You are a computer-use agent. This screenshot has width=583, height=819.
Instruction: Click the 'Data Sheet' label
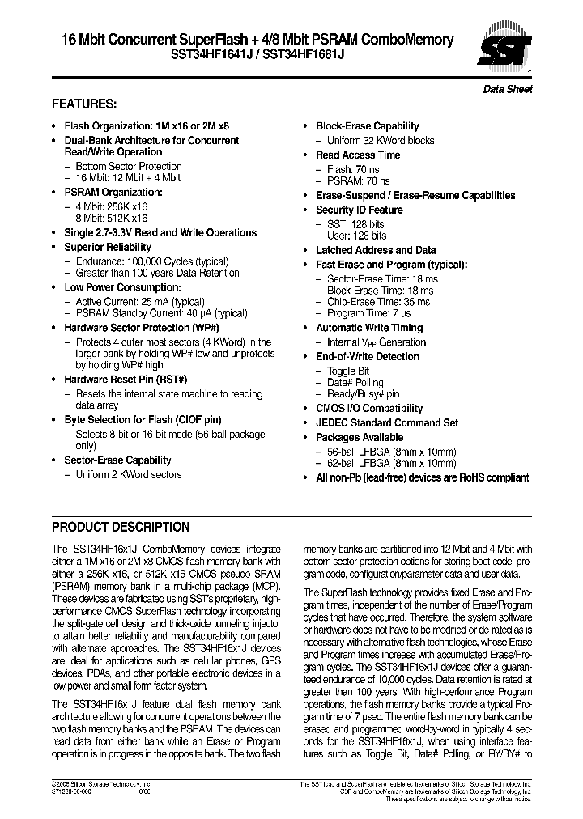[x=508, y=90]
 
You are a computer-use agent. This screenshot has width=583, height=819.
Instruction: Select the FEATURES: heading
[x=84, y=104]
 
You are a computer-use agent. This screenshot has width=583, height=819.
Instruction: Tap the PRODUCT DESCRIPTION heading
[x=121, y=527]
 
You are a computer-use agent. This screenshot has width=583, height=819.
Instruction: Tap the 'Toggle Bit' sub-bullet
[x=348, y=370]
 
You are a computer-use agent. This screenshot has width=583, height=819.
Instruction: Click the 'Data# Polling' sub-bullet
[x=355, y=382]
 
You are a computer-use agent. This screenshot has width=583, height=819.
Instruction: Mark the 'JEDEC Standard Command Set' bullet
[x=386, y=422]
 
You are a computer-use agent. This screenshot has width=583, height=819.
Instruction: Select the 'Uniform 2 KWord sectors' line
[x=129, y=474]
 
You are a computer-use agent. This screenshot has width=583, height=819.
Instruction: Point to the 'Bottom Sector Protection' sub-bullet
[x=129, y=166]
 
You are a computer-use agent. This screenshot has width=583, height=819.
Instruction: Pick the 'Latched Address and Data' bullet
[x=375, y=250]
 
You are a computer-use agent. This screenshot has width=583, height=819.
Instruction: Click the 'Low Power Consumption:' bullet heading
[x=122, y=287]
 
